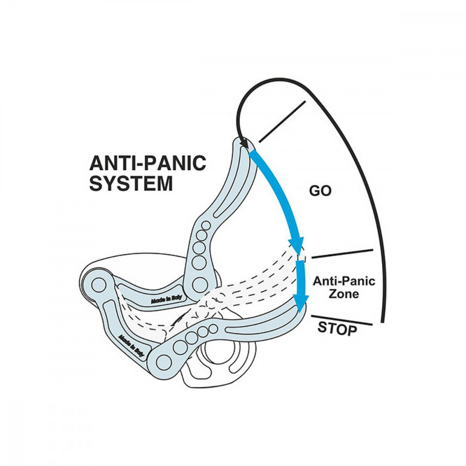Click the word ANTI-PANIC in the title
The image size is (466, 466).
[x=147, y=163]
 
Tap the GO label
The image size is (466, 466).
[x=320, y=191]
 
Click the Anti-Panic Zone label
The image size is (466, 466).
[x=344, y=288]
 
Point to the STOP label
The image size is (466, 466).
[x=337, y=328]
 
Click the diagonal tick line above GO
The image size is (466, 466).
[x=282, y=121]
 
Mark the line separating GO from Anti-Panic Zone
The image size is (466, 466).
[x=343, y=254]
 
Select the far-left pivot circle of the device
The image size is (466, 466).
[x=98, y=283]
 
